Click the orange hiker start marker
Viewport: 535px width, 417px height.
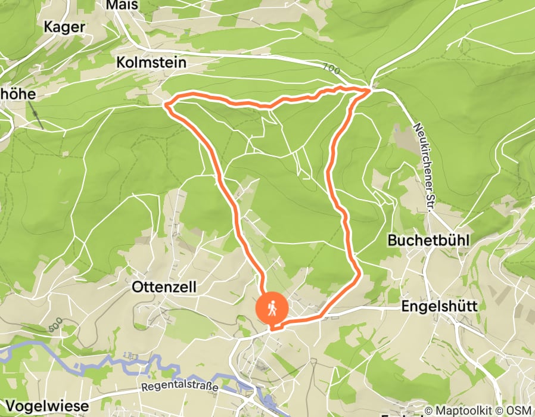pyautogui.click(x=272, y=309)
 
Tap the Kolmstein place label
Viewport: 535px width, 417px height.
pyautogui.click(x=152, y=63)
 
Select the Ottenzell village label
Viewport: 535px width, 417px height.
pyautogui.click(x=164, y=287)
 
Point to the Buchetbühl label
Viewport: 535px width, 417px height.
pyautogui.click(x=429, y=241)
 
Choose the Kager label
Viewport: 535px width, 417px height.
pyautogui.click(x=65, y=27)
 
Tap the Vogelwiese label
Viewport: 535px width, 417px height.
pyautogui.click(x=45, y=406)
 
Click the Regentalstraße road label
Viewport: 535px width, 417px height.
pyautogui.click(x=180, y=387)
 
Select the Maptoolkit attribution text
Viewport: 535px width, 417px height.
pyautogui.click(x=466, y=411)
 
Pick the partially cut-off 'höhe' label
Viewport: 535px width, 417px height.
pyautogui.click(x=18, y=94)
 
